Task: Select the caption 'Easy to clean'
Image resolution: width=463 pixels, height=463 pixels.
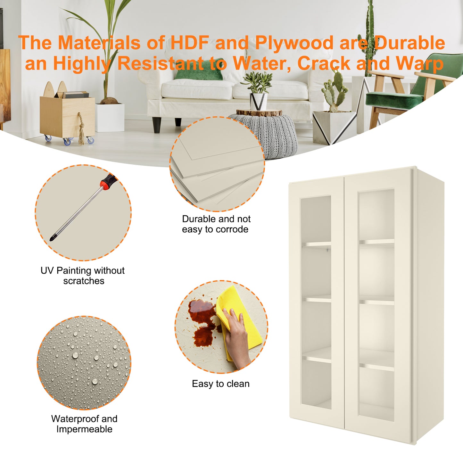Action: pyautogui.click(x=220, y=384)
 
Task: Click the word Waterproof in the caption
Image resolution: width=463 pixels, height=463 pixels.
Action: pyautogui.click(x=76, y=419)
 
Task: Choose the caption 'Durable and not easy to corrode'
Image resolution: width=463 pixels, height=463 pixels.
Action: pyautogui.click(x=216, y=224)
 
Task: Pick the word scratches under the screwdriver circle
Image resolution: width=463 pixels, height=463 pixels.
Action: pyautogui.click(x=84, y=281)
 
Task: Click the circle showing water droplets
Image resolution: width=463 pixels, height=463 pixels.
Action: pyautogui.click(x=84, y=363)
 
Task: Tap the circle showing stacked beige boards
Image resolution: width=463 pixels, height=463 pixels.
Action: pyautogui.click(x=217, y=164)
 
